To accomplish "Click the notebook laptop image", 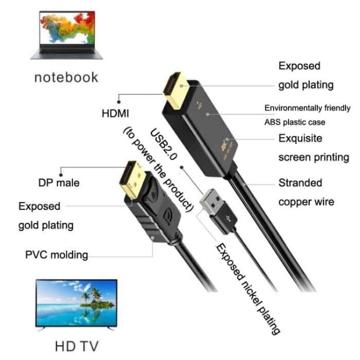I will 66,33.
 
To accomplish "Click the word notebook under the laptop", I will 66,78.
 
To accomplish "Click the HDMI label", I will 116,113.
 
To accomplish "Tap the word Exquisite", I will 300,138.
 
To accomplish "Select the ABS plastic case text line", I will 295,122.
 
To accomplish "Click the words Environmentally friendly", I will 307,108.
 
